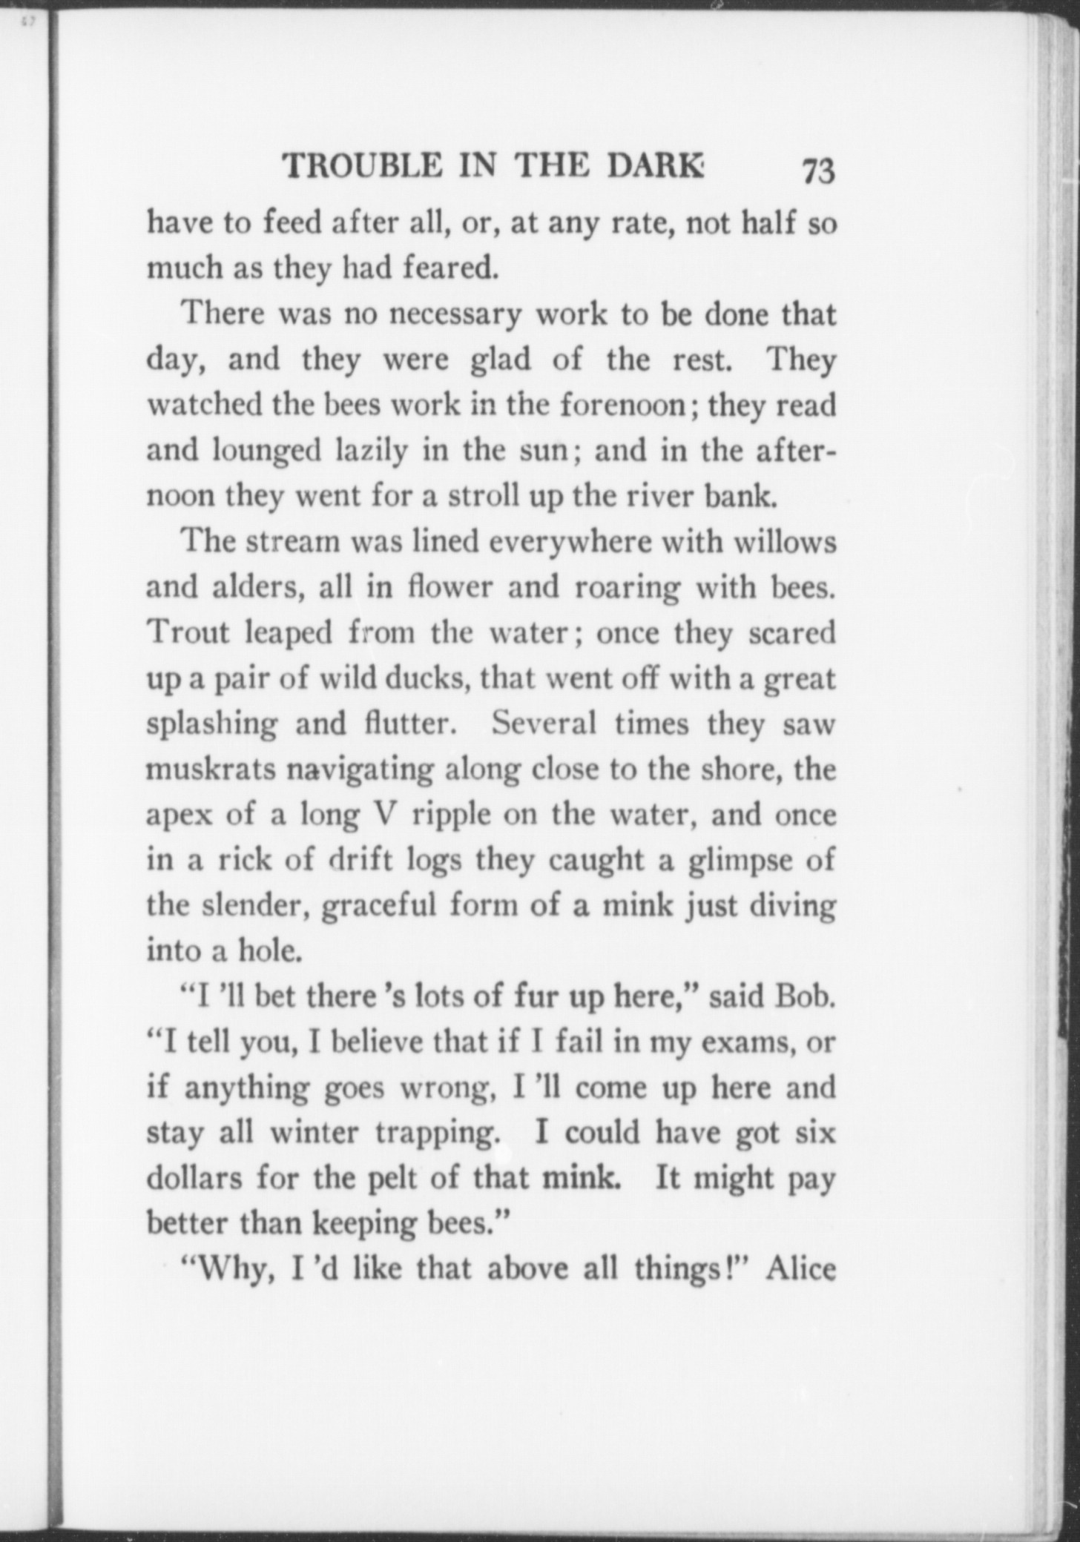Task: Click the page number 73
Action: coord(818,171)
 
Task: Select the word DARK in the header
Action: coord(655,165)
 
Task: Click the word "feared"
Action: coord(450,268)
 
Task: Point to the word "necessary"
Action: coord(455,315)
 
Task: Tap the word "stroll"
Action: coord(483,496)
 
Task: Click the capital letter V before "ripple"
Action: coord(378,815)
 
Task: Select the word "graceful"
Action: coord(378,907)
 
